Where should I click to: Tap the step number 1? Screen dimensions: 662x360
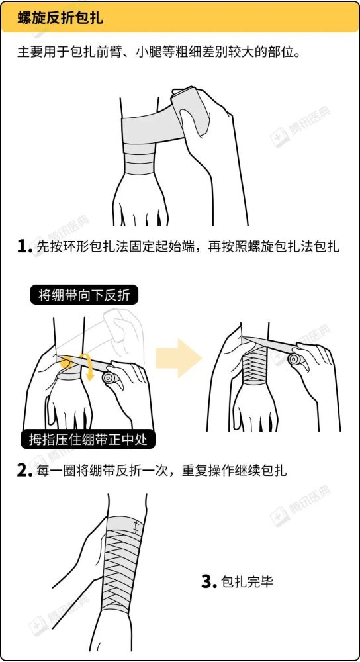pyautogui.click(x=24, y=247)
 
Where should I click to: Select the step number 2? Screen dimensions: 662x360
pyautogui.click(x=24, y=471)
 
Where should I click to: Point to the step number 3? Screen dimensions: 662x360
pyautogui.click(x=209, y=582)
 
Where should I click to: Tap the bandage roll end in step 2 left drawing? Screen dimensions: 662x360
pyautogui.click(x=108, y=379)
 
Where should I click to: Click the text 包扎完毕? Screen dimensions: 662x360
pyautogui.click(x=248, y=582)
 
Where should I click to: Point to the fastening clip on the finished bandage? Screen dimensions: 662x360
pyautogui.click(x=137, y=526)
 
